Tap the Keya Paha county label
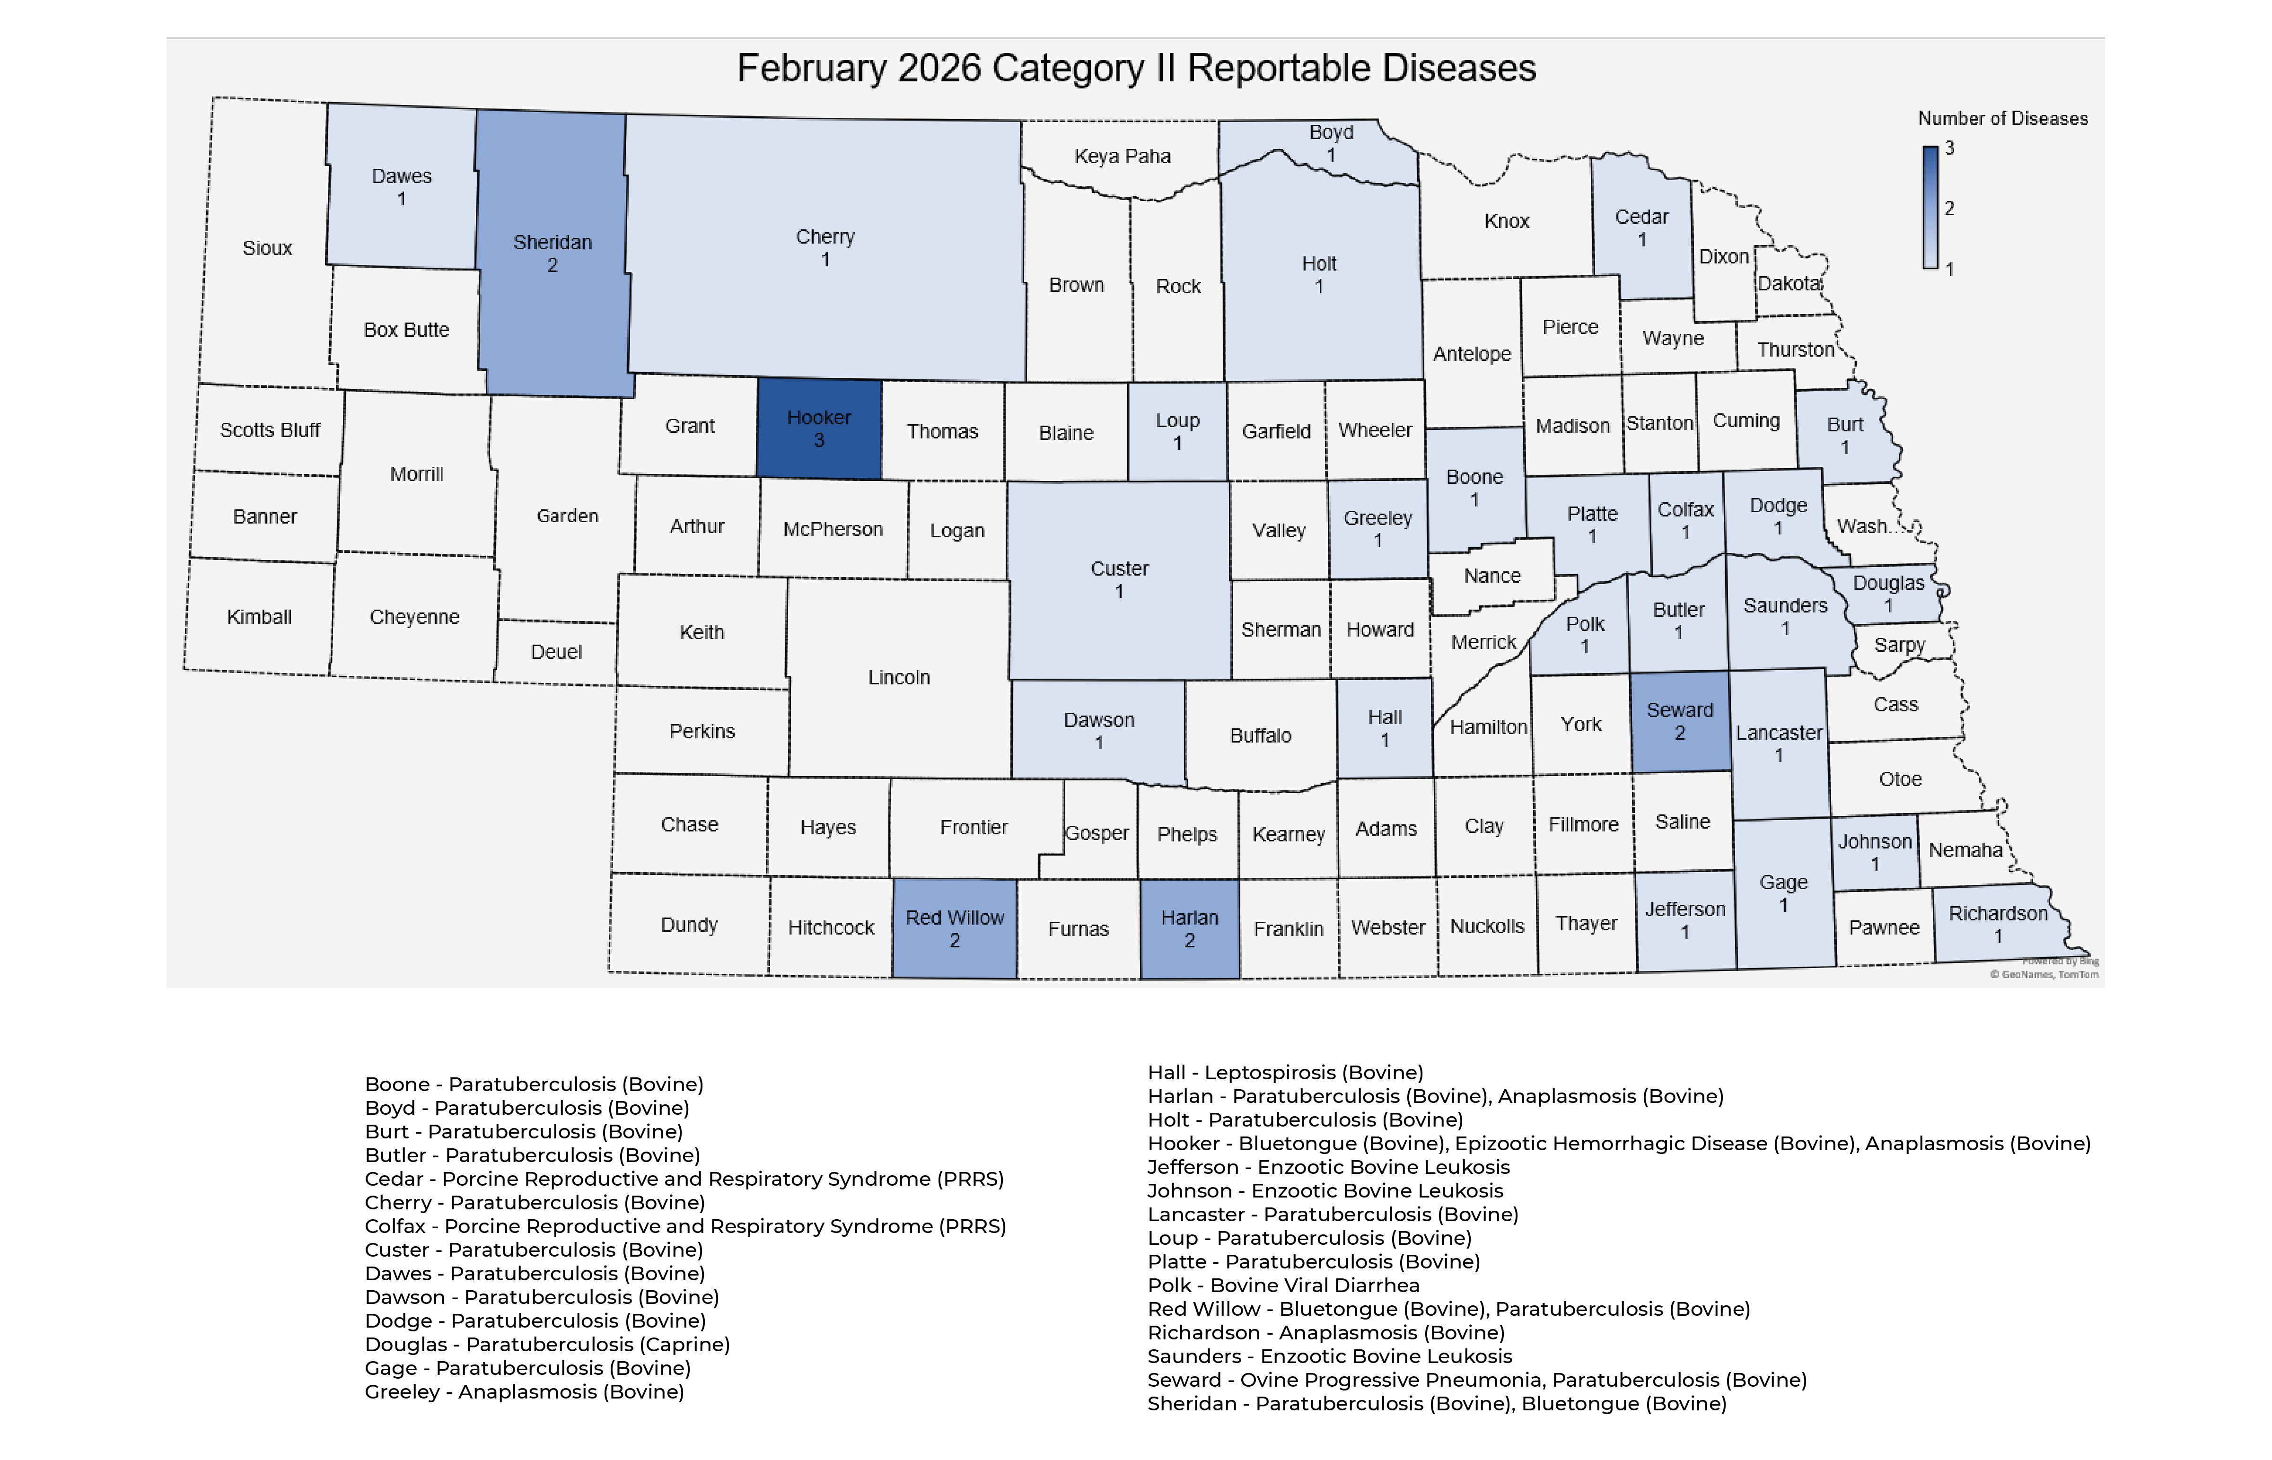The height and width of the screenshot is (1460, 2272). click(1122, 157)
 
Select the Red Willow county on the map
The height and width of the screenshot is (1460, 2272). click(954, 929)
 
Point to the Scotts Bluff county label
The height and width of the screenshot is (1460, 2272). click(270, 430)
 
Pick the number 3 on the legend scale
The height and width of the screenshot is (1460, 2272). click(1949, 148)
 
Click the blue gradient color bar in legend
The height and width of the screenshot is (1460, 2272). click(1930, 208)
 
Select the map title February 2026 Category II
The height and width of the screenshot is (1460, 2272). click(1136, 68)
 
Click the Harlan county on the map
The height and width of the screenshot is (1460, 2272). click(1189, 929)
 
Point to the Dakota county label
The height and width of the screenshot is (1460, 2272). click(1789, 283)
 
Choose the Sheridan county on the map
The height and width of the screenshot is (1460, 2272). click(553, 254)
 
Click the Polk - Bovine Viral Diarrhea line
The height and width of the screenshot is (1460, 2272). click(1283, 1285)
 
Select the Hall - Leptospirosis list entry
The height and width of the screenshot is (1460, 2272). click(1285, 1072)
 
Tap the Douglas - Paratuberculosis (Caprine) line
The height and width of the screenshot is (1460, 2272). click(547, 1344)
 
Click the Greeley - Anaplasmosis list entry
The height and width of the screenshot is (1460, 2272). click(525, 1392)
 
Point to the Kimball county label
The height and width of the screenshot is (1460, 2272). click(259, 617)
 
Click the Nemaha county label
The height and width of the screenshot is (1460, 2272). click(1965, 850)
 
